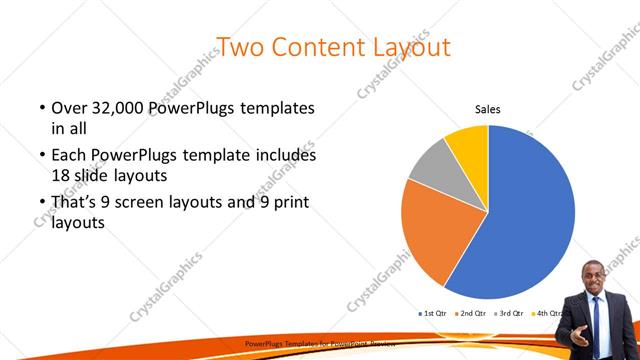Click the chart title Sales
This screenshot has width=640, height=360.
tap(487, 110)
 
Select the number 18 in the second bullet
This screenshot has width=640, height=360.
tap(62, 174)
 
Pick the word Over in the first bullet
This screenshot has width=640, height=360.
tap(69, 107)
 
